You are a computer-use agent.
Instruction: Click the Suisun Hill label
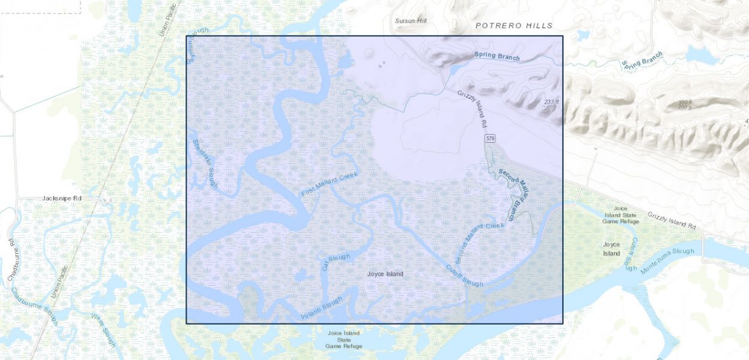click(411, 21)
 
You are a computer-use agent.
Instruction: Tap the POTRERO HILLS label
click(514, 26)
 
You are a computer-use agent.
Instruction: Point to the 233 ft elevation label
click(551, 102)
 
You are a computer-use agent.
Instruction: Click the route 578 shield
click(491, 139)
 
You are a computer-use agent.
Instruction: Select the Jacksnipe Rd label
click(62, 198)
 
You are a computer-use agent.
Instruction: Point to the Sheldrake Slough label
click(205, 164)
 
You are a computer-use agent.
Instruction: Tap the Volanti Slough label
click(321, 308)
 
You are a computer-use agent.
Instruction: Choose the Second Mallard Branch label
click(515, 195)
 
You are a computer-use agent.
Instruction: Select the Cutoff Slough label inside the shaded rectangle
click(463, 275)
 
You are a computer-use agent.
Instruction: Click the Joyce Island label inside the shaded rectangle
click(385, 274)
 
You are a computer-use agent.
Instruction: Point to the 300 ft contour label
click(685, 103)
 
